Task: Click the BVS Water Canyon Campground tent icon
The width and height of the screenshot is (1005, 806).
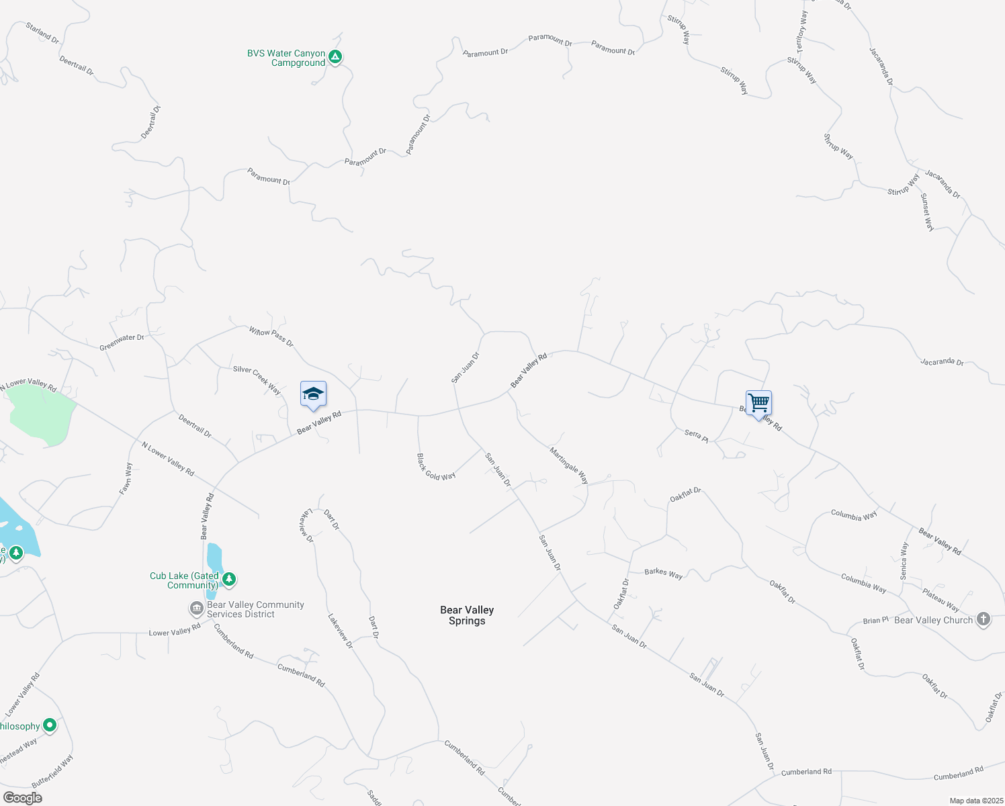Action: tap(335, 57)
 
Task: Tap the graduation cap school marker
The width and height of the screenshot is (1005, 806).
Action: tap(313, 394)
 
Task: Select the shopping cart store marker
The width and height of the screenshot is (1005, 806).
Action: tap(758, 404)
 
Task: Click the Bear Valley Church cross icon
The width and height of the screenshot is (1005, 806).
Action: tap(984, 619)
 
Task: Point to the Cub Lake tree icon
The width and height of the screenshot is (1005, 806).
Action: tap(229, 579)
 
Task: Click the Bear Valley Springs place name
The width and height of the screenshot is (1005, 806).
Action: tap(467, 615)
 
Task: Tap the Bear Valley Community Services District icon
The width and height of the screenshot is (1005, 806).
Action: tap(196, 609)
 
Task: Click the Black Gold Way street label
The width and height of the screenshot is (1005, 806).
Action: tap(436, 467)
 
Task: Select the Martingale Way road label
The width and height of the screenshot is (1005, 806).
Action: tap(569, 465)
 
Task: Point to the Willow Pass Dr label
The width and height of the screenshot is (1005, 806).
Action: tap(271, 337)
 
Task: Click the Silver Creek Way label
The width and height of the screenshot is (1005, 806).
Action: tap(257, 379)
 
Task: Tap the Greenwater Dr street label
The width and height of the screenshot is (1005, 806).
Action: tap(122, 343)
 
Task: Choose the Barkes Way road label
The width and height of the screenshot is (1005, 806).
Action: tap(663, 573)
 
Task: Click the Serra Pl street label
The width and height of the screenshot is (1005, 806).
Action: tap(696, 435)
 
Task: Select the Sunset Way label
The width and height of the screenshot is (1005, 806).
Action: tap(927, 212)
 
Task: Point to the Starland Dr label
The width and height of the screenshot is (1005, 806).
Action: tap(42, 33)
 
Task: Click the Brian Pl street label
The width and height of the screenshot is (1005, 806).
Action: tap(875, 621)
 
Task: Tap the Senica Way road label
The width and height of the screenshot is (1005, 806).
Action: tap(904, 561)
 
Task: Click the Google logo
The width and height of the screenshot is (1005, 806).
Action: tap(22, 798)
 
